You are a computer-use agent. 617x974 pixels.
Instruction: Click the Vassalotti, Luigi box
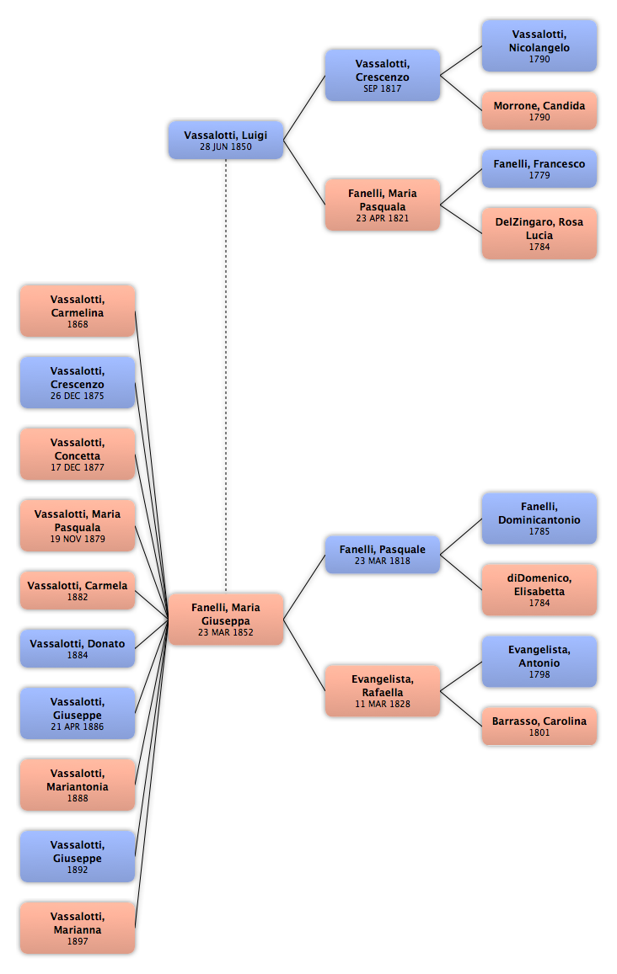226,140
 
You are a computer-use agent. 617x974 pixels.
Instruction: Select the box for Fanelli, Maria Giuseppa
226,619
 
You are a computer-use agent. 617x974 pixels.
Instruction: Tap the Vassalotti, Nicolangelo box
539,45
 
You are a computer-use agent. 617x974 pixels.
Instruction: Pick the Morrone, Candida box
539,110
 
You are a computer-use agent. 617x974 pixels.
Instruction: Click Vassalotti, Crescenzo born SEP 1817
383,75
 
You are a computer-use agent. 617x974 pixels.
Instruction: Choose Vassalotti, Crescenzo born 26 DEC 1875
78,383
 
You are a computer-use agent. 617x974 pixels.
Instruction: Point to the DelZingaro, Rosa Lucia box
539,233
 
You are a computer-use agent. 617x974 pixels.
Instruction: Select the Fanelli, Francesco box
539,168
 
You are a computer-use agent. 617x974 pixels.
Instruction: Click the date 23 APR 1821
383,218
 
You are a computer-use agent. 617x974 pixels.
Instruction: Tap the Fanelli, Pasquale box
383,554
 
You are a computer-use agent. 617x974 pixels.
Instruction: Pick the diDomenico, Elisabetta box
539,589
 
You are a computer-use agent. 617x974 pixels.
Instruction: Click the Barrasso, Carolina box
539,727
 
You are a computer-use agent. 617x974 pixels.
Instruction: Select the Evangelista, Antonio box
539,661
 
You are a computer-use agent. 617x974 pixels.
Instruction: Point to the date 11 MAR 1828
383,704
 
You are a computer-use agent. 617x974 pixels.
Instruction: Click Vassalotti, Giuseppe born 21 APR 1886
78,713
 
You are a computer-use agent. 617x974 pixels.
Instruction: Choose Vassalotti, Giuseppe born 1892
78,857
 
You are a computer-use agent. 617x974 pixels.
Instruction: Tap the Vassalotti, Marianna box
78,928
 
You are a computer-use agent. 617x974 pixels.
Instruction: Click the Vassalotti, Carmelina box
78,311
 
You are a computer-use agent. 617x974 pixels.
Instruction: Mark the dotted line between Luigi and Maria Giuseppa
226,375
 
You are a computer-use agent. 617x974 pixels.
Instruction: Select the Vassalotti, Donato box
78,648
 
